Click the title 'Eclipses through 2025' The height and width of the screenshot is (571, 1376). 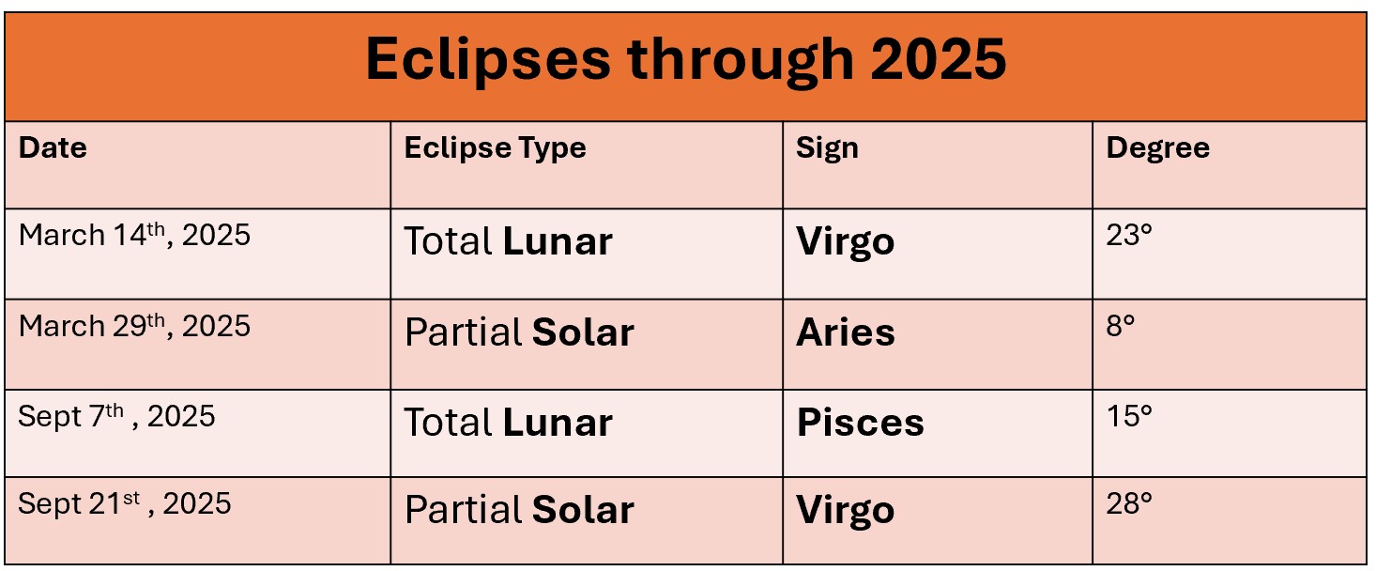click(685, 60)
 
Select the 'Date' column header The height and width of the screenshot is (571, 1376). click(53, 148)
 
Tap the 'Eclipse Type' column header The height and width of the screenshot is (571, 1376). click(495, 148)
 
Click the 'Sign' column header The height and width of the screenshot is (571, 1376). click(827, 148)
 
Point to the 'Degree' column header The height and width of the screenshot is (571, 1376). click(1157, 148)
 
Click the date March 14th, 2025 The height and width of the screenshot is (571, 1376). click(134, 235)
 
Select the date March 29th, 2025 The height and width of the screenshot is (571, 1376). click(134, 326)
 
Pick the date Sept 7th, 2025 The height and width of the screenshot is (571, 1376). click(116, 416)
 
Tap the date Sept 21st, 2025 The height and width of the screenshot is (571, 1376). click(124, 503)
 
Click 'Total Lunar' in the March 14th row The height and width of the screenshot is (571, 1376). click(508, 242)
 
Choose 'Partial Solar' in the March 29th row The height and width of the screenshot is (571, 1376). click(519, 333)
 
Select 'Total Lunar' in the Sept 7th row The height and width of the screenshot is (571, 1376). click(508, 423)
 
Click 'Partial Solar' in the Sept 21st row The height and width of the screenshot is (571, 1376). click(519, 510)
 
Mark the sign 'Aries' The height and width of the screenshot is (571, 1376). click(845, 333)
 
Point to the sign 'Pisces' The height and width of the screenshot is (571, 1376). click(860, 423)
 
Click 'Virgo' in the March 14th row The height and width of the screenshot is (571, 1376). click(845, 242)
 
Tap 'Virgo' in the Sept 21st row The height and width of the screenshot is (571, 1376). click(845, 510)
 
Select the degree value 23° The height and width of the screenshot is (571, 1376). click(1129, 235)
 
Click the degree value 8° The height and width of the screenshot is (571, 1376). click(1121, 326)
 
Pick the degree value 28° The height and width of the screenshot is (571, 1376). click(1129, 503)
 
